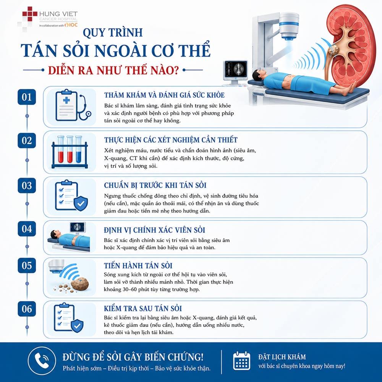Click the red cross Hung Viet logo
coord(30,14)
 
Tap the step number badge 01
coord(27,97)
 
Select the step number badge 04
coord(27,228)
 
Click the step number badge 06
coord(27,309)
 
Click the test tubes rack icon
coord(70,152)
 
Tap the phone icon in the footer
coord(42,361)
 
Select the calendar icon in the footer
coord(241,361)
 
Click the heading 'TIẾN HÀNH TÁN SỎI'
coord(138,265)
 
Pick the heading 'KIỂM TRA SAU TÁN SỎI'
coord(143,308)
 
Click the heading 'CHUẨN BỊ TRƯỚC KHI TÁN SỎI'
coord(155,185)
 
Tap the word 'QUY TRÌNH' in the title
coord(113,33)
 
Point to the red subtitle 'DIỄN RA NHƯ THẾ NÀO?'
coord(113,70)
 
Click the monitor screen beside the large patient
coord(236,69)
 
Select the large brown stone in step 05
coord(80,283)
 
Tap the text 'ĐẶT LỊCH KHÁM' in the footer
coord(282,357)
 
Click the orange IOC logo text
coord(72,25)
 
